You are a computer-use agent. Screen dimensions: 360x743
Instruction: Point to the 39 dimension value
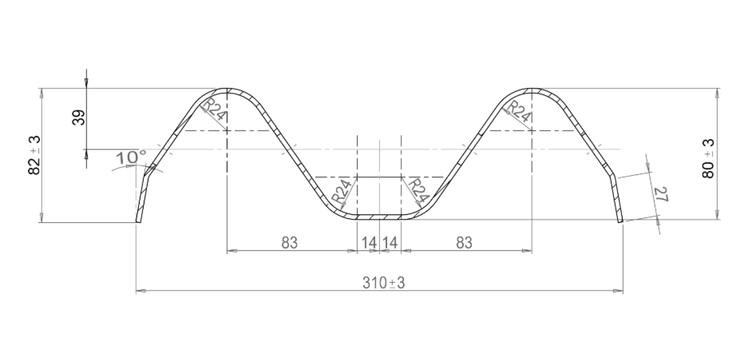pyautogui.click(x=78, y=118)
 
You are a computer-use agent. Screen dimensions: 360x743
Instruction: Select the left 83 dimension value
pyautogui.click(x=289, y=243)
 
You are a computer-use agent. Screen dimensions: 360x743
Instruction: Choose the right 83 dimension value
pyautogui.click(x=464, y=243)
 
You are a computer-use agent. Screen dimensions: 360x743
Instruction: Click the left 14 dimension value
pyautogui.click(x=368, y=243)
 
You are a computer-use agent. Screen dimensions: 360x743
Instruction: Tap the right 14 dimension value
pyautogui.click(x=390, y=243)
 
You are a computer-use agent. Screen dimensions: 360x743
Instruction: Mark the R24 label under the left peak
pyautogui.click(x=214, y=110)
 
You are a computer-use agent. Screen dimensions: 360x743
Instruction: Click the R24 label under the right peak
pyautogui.click(x=519, y=110)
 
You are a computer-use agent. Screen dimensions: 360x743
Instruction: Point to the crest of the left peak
pyautogui.click(x=227, y=89)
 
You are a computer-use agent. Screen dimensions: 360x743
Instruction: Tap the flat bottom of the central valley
pyautogui.click(x=379, y=217)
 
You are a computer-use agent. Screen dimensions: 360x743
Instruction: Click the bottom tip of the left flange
pyautogui.click(x=138, y=221)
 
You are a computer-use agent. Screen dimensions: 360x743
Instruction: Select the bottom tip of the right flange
pyautogui.click(x=620, y=221)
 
